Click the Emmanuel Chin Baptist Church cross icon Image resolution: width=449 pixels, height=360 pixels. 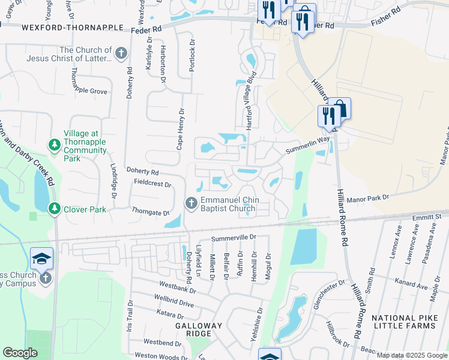(191, 203)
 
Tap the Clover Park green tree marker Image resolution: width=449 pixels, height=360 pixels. (55, 209)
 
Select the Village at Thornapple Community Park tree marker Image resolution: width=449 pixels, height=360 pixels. (55, 145)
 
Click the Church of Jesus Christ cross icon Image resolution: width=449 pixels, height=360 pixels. (121, 53)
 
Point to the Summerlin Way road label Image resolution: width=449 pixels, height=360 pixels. (308, 145)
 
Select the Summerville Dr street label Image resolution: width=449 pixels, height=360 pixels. (234, 238)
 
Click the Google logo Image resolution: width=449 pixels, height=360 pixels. (20, 353)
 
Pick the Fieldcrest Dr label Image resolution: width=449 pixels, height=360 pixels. (152, 184)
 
